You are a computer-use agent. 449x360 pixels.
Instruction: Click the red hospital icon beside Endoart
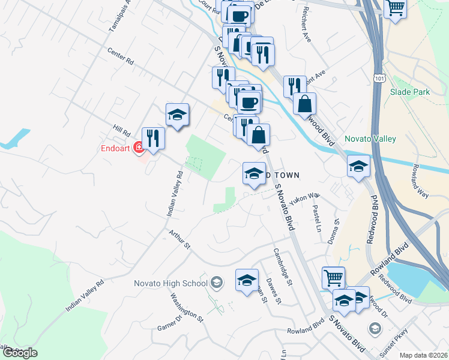point(139,146)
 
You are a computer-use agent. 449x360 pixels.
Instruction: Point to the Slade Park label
point(409,92)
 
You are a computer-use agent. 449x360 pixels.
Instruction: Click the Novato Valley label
point(370,139)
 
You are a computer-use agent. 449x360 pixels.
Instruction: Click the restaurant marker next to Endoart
point(154,139)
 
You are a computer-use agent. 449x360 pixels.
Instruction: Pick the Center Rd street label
point(120,59)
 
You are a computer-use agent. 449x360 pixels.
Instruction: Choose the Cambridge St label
point(283,267)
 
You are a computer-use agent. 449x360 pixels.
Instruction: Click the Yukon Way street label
point(303,199)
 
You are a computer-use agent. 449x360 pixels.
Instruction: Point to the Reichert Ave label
point(307,24)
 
